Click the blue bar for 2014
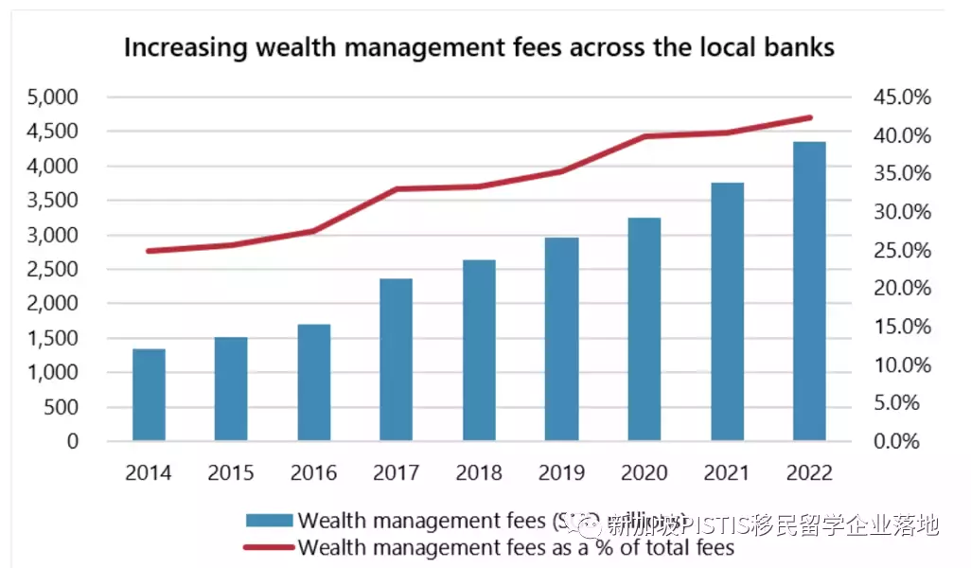click(149, 396)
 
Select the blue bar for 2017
click(396, 360)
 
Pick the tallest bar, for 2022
click(809, 292)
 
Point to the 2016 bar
click(313, 382)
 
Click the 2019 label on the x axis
click(562, 472)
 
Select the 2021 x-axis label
click(727, 472)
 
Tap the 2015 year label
click(231, 472)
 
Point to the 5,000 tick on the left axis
click(54, 98)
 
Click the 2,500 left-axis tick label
click(54, 270)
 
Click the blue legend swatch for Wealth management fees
click(269, 521)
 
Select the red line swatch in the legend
click(269, 546)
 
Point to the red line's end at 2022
click(810, 117)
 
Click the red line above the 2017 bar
click(396, 189)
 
